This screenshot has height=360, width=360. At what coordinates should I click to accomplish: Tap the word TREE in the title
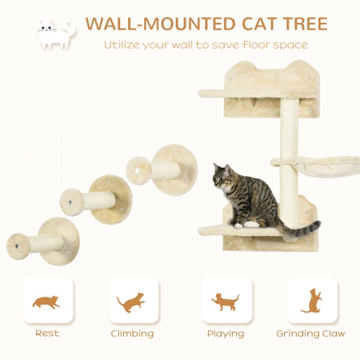pos(300,23)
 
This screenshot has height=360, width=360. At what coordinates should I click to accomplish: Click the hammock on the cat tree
pos(320,166)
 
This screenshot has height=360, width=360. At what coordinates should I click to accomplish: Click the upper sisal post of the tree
pos(289,127)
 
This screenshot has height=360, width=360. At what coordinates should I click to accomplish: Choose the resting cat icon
pos(47,301)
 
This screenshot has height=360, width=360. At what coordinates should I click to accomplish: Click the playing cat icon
pos(226,301)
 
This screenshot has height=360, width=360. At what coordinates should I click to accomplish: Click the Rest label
pos(47,334)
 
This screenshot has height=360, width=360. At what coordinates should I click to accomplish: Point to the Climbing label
pos(132,334)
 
